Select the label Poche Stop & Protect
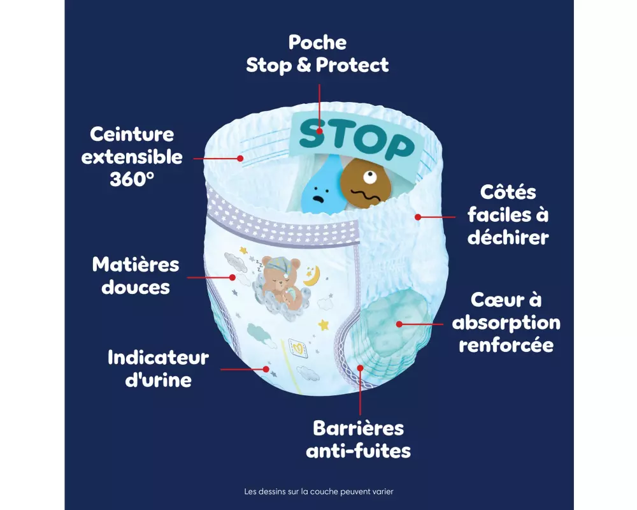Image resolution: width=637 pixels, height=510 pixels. [x=317, y=54]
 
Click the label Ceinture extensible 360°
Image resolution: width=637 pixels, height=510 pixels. [x=132, y=157]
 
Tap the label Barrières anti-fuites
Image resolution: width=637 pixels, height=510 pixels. [x=358, y=439]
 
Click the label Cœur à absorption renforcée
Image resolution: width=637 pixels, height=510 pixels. [x=506, y=323]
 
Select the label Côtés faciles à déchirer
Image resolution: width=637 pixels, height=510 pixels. [x=508, y=214]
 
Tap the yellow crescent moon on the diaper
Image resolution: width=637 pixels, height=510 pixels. [x=312, y=275]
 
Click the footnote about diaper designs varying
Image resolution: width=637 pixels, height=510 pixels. [x=318, y=492]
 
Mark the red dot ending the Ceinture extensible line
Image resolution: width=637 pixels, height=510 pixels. [x=241, y=157]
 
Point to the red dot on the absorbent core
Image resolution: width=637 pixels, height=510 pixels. [x=399, y=323]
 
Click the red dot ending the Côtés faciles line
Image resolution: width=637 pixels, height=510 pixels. [x=418, y=217]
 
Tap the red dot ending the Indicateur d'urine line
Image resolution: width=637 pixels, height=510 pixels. [x=266, y=368]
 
